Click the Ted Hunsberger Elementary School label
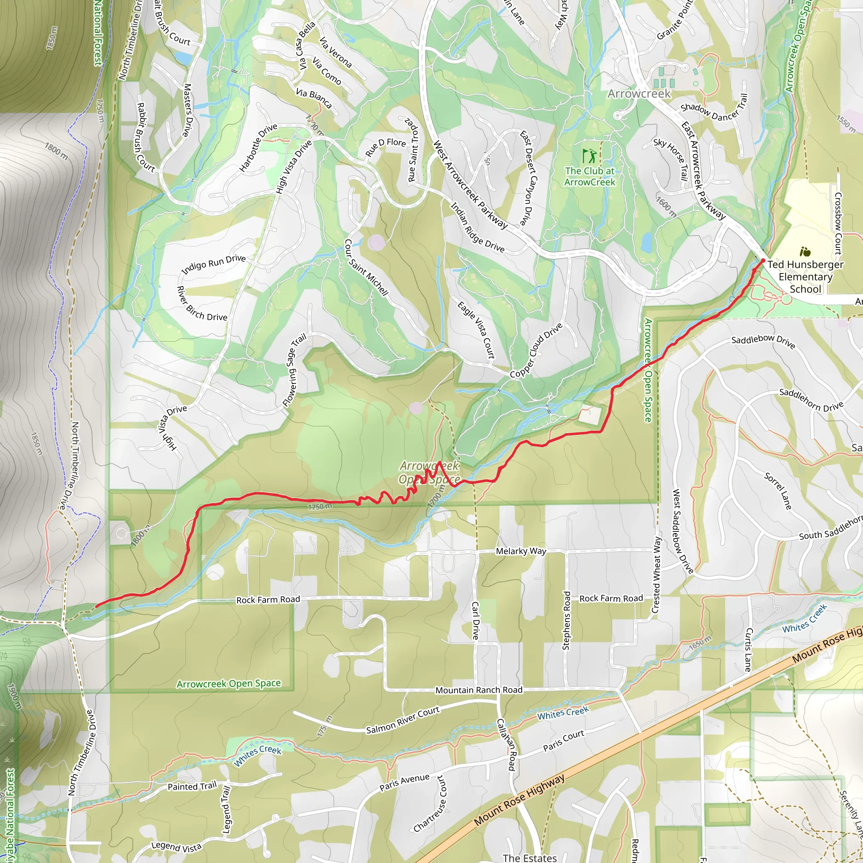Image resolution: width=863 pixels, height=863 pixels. (x=805, y=276)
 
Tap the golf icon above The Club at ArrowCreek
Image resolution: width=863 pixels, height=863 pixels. (x=589, y=156)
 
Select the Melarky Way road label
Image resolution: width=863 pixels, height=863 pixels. (x=521, y=551)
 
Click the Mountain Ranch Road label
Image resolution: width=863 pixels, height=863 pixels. (x=479, y=690)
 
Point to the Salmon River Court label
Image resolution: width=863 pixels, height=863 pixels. (x=402, y=720)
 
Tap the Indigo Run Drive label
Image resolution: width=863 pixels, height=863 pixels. (x=214, y=265)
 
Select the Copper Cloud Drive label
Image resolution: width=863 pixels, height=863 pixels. (x=536, y=351)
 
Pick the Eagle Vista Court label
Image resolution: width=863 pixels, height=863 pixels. (x=476, y=330)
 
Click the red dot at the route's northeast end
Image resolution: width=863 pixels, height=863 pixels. (x=763, y=260)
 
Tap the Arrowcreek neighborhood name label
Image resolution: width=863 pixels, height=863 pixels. (x=639, y=94)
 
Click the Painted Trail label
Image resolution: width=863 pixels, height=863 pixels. (x=192, y=786)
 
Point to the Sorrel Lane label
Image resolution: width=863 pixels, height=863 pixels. (x=778, y=491)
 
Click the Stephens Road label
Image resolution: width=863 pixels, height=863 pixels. (x=566, y=621)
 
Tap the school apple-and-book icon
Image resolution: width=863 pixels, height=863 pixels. (x=805, y=252)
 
